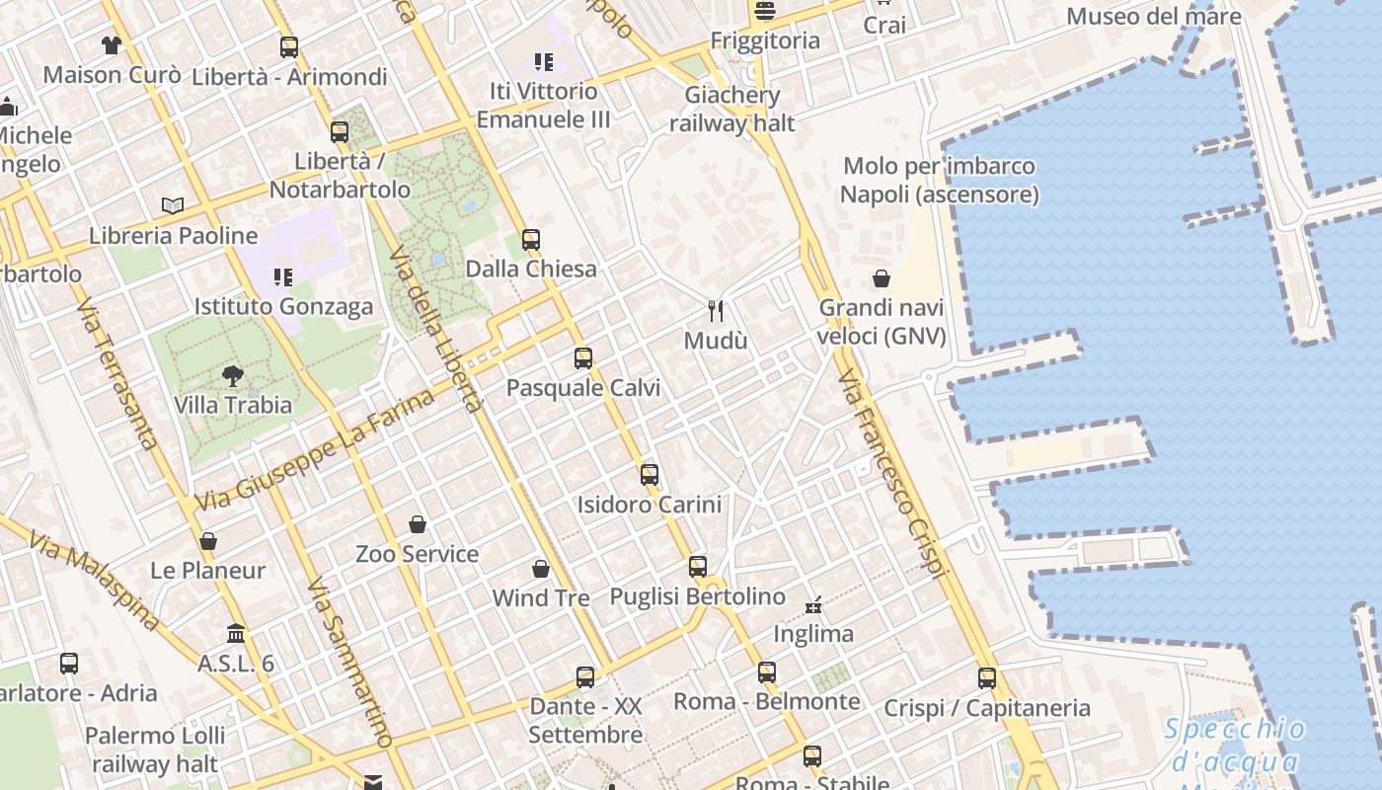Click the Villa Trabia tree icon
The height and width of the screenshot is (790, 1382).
pos(233,375)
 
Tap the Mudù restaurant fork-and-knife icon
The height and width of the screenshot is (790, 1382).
pos(717,311)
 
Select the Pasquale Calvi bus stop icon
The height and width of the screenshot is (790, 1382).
pos(583,358)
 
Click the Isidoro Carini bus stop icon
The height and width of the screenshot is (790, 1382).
pos(650,475)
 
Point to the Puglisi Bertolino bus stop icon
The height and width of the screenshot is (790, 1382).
pos(698,567)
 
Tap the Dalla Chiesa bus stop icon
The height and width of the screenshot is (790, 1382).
pos(531,239)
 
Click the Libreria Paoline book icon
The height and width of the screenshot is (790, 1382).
pos(173,205)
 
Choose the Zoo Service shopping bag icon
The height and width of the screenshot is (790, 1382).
pos(418,524)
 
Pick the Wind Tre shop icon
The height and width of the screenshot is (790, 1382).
pos(541,569)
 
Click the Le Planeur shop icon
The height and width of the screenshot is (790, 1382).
pos(207,541)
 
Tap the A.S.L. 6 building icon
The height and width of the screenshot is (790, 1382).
pos(236,633)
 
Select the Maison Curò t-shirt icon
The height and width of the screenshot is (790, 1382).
pos(111,44)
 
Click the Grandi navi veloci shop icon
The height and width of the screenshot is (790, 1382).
pos(882,279)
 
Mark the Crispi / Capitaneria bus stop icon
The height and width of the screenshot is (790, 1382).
pos(987,678)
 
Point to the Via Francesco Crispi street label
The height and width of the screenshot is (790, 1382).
pos(892,474)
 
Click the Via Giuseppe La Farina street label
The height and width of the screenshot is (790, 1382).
pos(315,450)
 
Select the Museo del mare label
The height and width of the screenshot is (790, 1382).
pos(1153,17)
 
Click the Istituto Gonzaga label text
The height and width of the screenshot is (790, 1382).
pos(283,306)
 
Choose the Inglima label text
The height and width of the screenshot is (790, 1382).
pos(813,634)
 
